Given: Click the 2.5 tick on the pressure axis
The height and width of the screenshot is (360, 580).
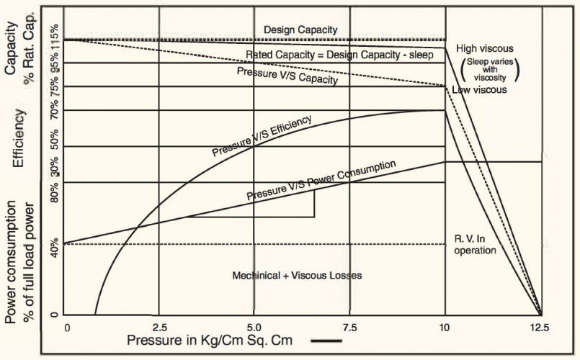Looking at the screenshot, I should click(x=161, y=327).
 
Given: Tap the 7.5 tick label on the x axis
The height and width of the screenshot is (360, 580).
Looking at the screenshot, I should click(x=349, y=327).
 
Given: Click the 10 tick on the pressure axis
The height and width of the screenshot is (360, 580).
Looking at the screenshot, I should click(x=445, y=327).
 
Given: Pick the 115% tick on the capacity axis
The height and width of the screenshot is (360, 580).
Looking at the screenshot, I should click(x=54, y=31).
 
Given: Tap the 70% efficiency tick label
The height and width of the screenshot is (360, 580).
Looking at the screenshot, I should click(x=54, y=110).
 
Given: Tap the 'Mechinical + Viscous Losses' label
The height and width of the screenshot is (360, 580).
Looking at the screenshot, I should click(x=297, y=275).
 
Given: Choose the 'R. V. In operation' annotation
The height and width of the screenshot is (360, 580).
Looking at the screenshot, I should click(x=476, y=245).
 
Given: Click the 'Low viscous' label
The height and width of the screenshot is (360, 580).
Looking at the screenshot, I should click(x=479, y=90).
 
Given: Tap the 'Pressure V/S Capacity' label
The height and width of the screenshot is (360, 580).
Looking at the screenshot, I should click(x=287, y=76).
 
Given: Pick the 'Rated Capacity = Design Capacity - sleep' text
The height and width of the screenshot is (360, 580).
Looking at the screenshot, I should click(x=340, y=55).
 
